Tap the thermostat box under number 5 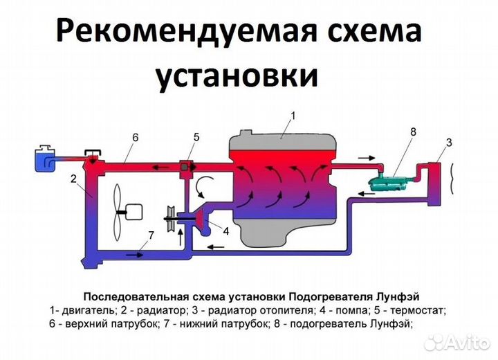tap(186, 168)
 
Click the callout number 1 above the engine tap(293, 116)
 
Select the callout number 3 tap(448, 143)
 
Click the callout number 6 tap(135, 137)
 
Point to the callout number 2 tap(72, 178)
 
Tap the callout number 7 tap(150, 235)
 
